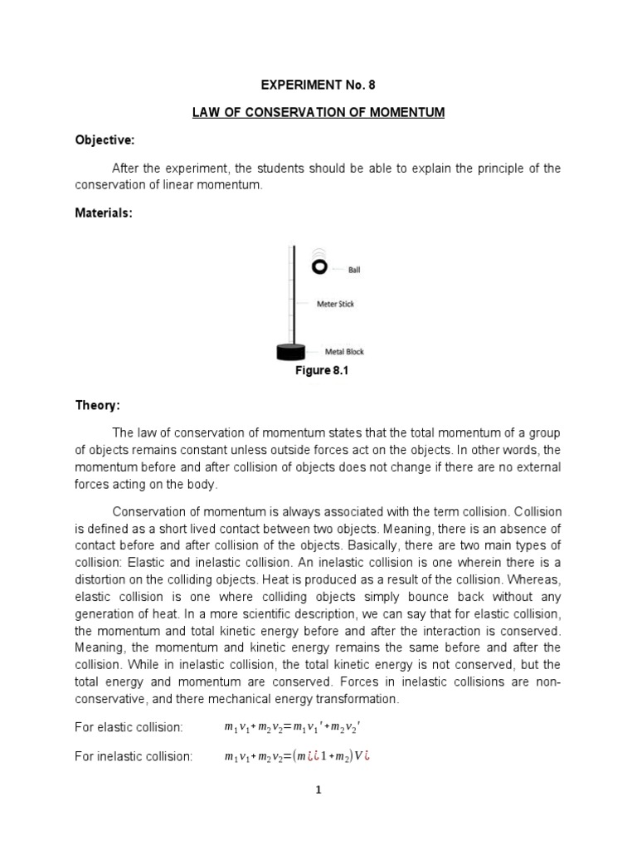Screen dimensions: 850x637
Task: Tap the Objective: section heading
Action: pos(103,141)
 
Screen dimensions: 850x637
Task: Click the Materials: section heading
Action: pos(103,213)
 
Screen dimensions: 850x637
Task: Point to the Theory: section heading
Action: pos(98,405)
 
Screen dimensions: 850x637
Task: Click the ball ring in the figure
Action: pos(319,266)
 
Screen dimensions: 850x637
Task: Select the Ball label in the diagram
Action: pos(353,270)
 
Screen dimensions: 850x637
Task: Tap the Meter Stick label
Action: pos(335,304)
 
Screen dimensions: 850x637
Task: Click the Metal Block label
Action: pos(344,351)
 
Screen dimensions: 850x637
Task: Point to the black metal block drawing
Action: pos(292,352)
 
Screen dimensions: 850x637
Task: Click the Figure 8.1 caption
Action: pos(321,371)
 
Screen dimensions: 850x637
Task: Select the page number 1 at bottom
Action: pos(319,790)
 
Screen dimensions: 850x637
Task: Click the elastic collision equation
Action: pos(294,728)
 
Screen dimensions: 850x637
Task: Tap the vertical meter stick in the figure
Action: pos(290,291)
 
